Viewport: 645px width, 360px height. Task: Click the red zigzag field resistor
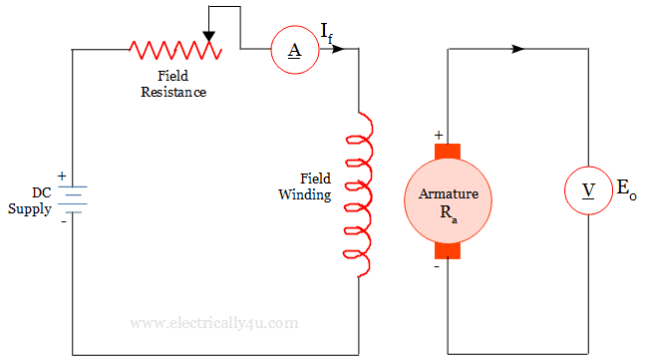[175, 50]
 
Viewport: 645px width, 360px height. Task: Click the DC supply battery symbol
[73, 199]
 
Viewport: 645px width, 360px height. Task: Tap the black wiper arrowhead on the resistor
[209, 37]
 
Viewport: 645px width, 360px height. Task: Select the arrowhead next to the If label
[338, 49]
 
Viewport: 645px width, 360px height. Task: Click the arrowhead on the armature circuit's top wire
[517, 49]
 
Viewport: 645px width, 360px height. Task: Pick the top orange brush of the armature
[448, 151]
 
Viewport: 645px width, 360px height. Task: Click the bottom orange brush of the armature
[448, 251]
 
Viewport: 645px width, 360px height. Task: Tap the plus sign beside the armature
[439, 135]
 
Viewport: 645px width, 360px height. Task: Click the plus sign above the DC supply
[62, 177]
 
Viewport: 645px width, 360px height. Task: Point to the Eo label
[626, 189]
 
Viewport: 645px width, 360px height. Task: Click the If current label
[327, 33]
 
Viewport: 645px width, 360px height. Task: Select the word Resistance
[173, 92]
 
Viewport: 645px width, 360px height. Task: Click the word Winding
[305, 195]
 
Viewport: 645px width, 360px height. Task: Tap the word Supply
[30, 209]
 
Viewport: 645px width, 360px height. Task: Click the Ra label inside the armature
[449, 213]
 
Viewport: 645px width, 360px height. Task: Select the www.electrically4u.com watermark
[214, 323]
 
